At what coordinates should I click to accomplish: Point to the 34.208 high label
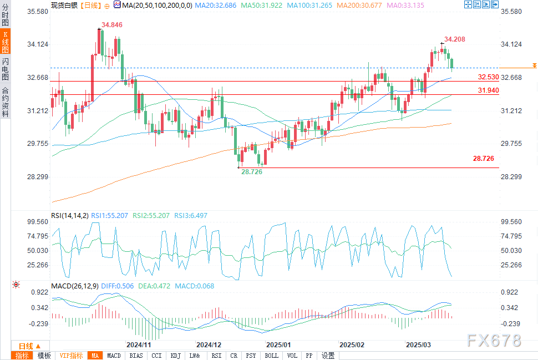[455, 39]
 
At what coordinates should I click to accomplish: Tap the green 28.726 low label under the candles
[251, 173]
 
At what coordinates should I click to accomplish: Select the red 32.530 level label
[488, 77]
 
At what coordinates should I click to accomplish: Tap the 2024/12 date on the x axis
[209, 344]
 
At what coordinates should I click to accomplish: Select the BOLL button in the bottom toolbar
[271, 356]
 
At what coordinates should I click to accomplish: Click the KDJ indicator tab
[175, 356]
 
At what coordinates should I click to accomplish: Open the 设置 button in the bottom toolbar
[328, 356]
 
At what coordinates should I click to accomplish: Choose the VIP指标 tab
[71, 356]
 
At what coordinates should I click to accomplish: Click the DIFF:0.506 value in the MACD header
[118, 286]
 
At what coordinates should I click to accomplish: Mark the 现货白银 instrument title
[64, 4]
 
